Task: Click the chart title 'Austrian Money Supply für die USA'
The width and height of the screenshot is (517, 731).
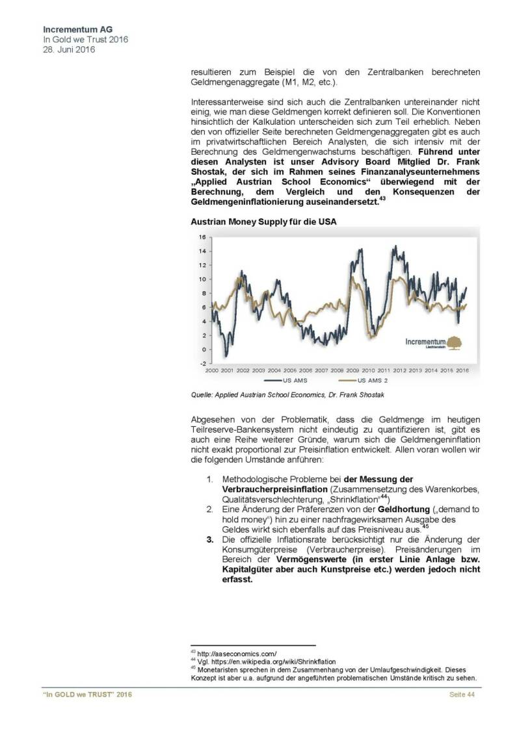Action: [263, 222]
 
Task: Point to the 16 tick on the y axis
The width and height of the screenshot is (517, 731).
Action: [202, 237]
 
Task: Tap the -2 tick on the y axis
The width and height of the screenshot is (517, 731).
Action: [202, 364]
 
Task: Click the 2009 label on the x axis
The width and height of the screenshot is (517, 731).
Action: [353, 370]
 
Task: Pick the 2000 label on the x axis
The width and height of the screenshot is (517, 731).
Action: [211, 370]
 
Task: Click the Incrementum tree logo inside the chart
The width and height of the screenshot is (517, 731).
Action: [454, 341]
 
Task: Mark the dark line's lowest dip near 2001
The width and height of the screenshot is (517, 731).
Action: [226, 355]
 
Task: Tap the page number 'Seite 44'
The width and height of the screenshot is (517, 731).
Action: [462, 695]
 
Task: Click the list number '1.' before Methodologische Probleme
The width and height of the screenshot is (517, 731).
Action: [210, 479]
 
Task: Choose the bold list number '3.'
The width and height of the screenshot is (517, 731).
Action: [210, 539]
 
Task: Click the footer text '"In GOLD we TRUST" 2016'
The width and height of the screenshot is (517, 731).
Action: [87, 695]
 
